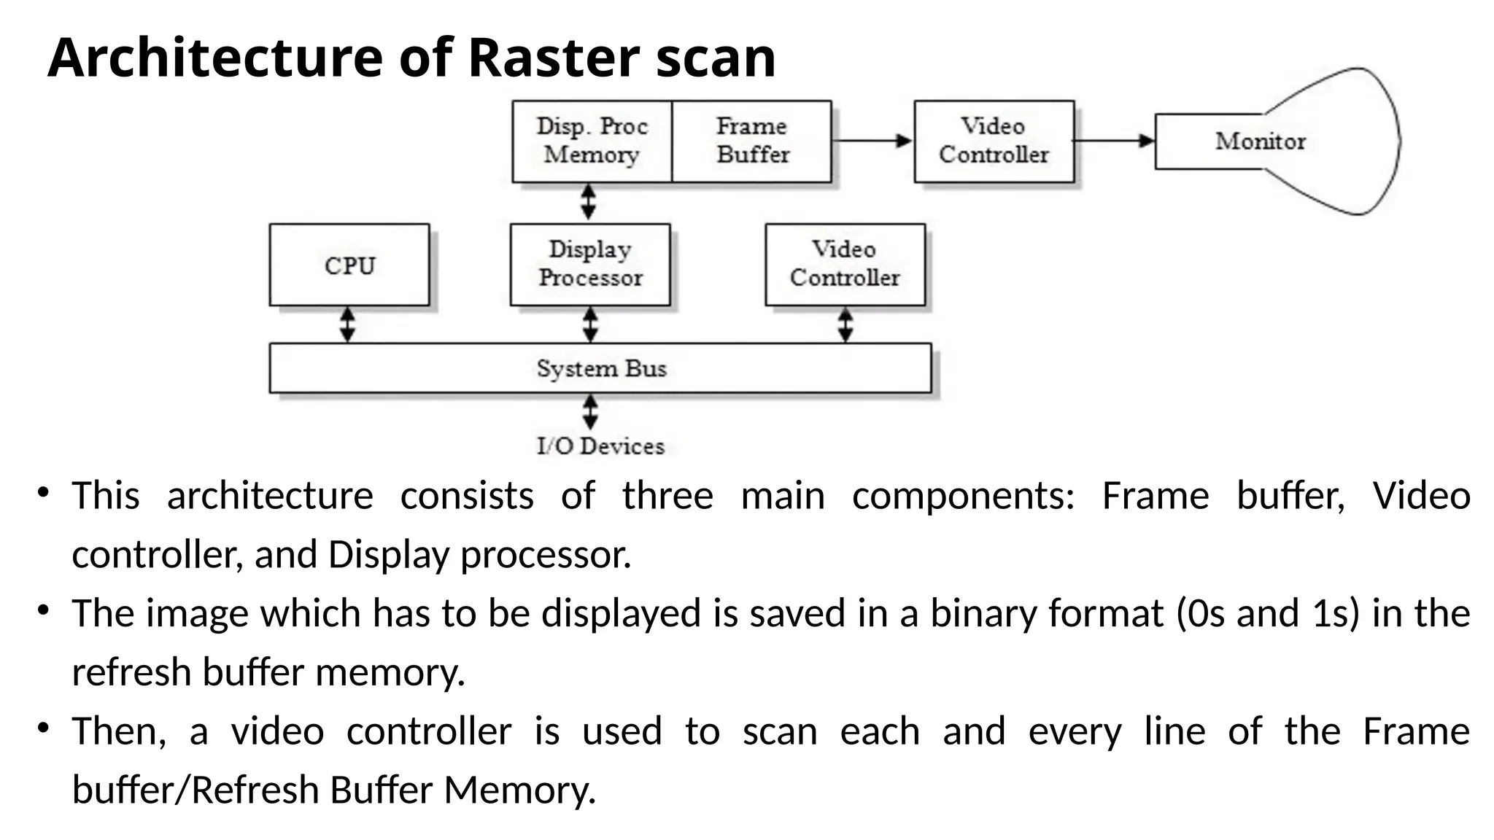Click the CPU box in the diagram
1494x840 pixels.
tap(349, 265)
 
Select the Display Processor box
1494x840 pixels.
tap(590, 264)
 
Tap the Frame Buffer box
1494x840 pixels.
tap(751, 141)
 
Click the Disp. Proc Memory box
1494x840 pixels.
tap(592, 141)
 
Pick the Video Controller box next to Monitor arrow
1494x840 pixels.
tap(994, 141)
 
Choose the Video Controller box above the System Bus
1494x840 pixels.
tap(845, 264)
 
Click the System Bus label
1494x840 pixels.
tap(601, 368)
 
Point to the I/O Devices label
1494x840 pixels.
tap(600, 446)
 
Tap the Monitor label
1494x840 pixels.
tap(1260, 141)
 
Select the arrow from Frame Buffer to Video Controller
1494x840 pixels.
tap(872, 141)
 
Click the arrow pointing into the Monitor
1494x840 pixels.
tap(1114, 141)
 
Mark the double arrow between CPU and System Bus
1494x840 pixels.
tap(348, 324)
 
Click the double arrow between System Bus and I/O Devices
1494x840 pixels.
tap(590, 412)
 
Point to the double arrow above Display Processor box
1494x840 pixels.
tap(588, 202)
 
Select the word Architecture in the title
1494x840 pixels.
tap(214, 58)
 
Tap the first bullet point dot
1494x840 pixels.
tap(44, 492)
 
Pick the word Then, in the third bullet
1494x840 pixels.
tap(119, 731)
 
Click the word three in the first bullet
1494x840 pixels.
tap(667, 497)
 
